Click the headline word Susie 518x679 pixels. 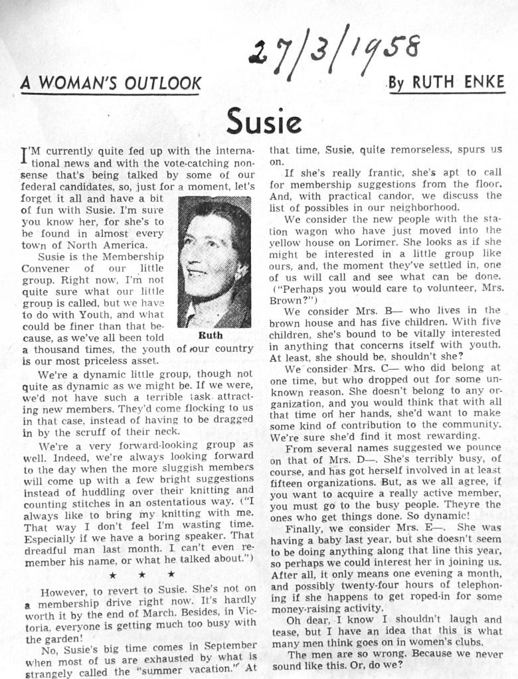click(264, 120)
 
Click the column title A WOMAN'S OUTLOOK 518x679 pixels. click(111, 84)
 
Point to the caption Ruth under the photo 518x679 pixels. click(211, 335)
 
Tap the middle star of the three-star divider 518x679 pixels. click(141, 574)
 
